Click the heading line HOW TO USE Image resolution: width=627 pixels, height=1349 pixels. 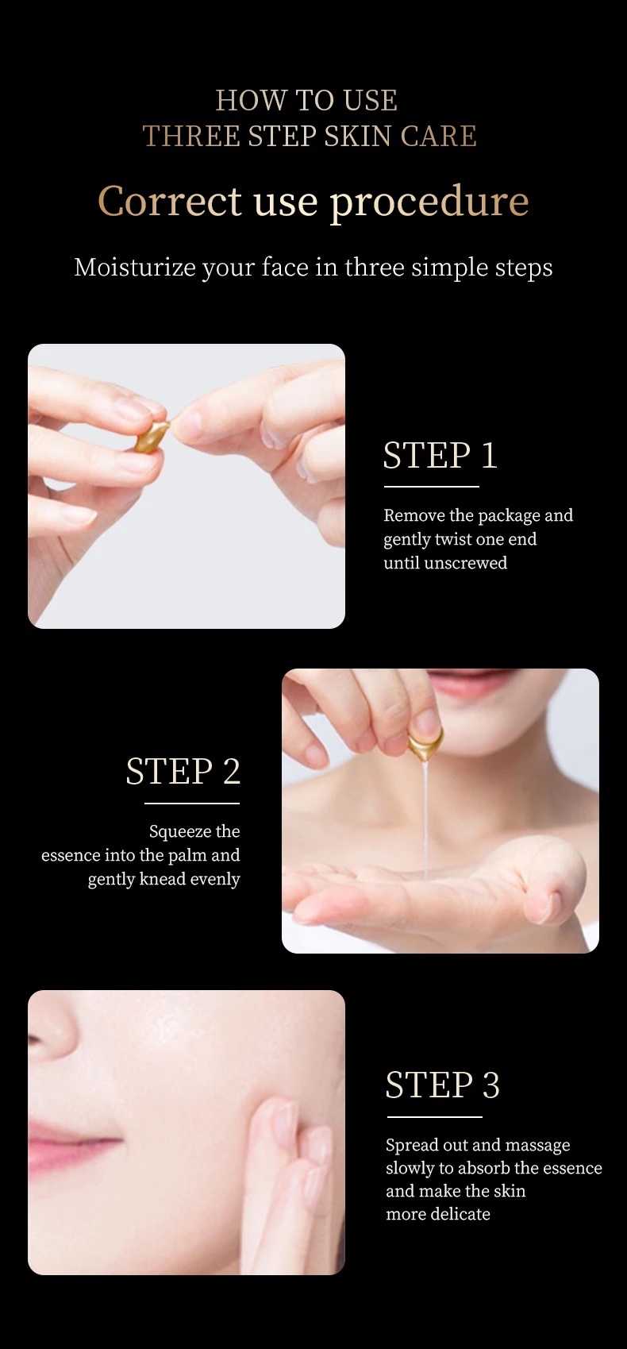[x=306, y=101]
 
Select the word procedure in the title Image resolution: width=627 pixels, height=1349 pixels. [x=429, y=202]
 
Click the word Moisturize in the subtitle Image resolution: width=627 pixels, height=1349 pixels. [x=135, y=268]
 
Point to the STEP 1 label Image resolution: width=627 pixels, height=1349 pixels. [x=440, y=456]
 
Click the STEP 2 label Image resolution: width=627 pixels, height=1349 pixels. [x=183, y=772]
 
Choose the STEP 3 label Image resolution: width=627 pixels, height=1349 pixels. [x=442, y=1085]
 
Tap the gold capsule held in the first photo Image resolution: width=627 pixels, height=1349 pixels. [x=152, y=436]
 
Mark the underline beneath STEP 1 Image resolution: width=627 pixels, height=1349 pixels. [x=431, y=487]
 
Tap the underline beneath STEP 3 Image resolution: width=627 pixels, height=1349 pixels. [x=434, y=1117]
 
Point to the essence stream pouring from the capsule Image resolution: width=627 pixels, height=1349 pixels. [x=427, y=818]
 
